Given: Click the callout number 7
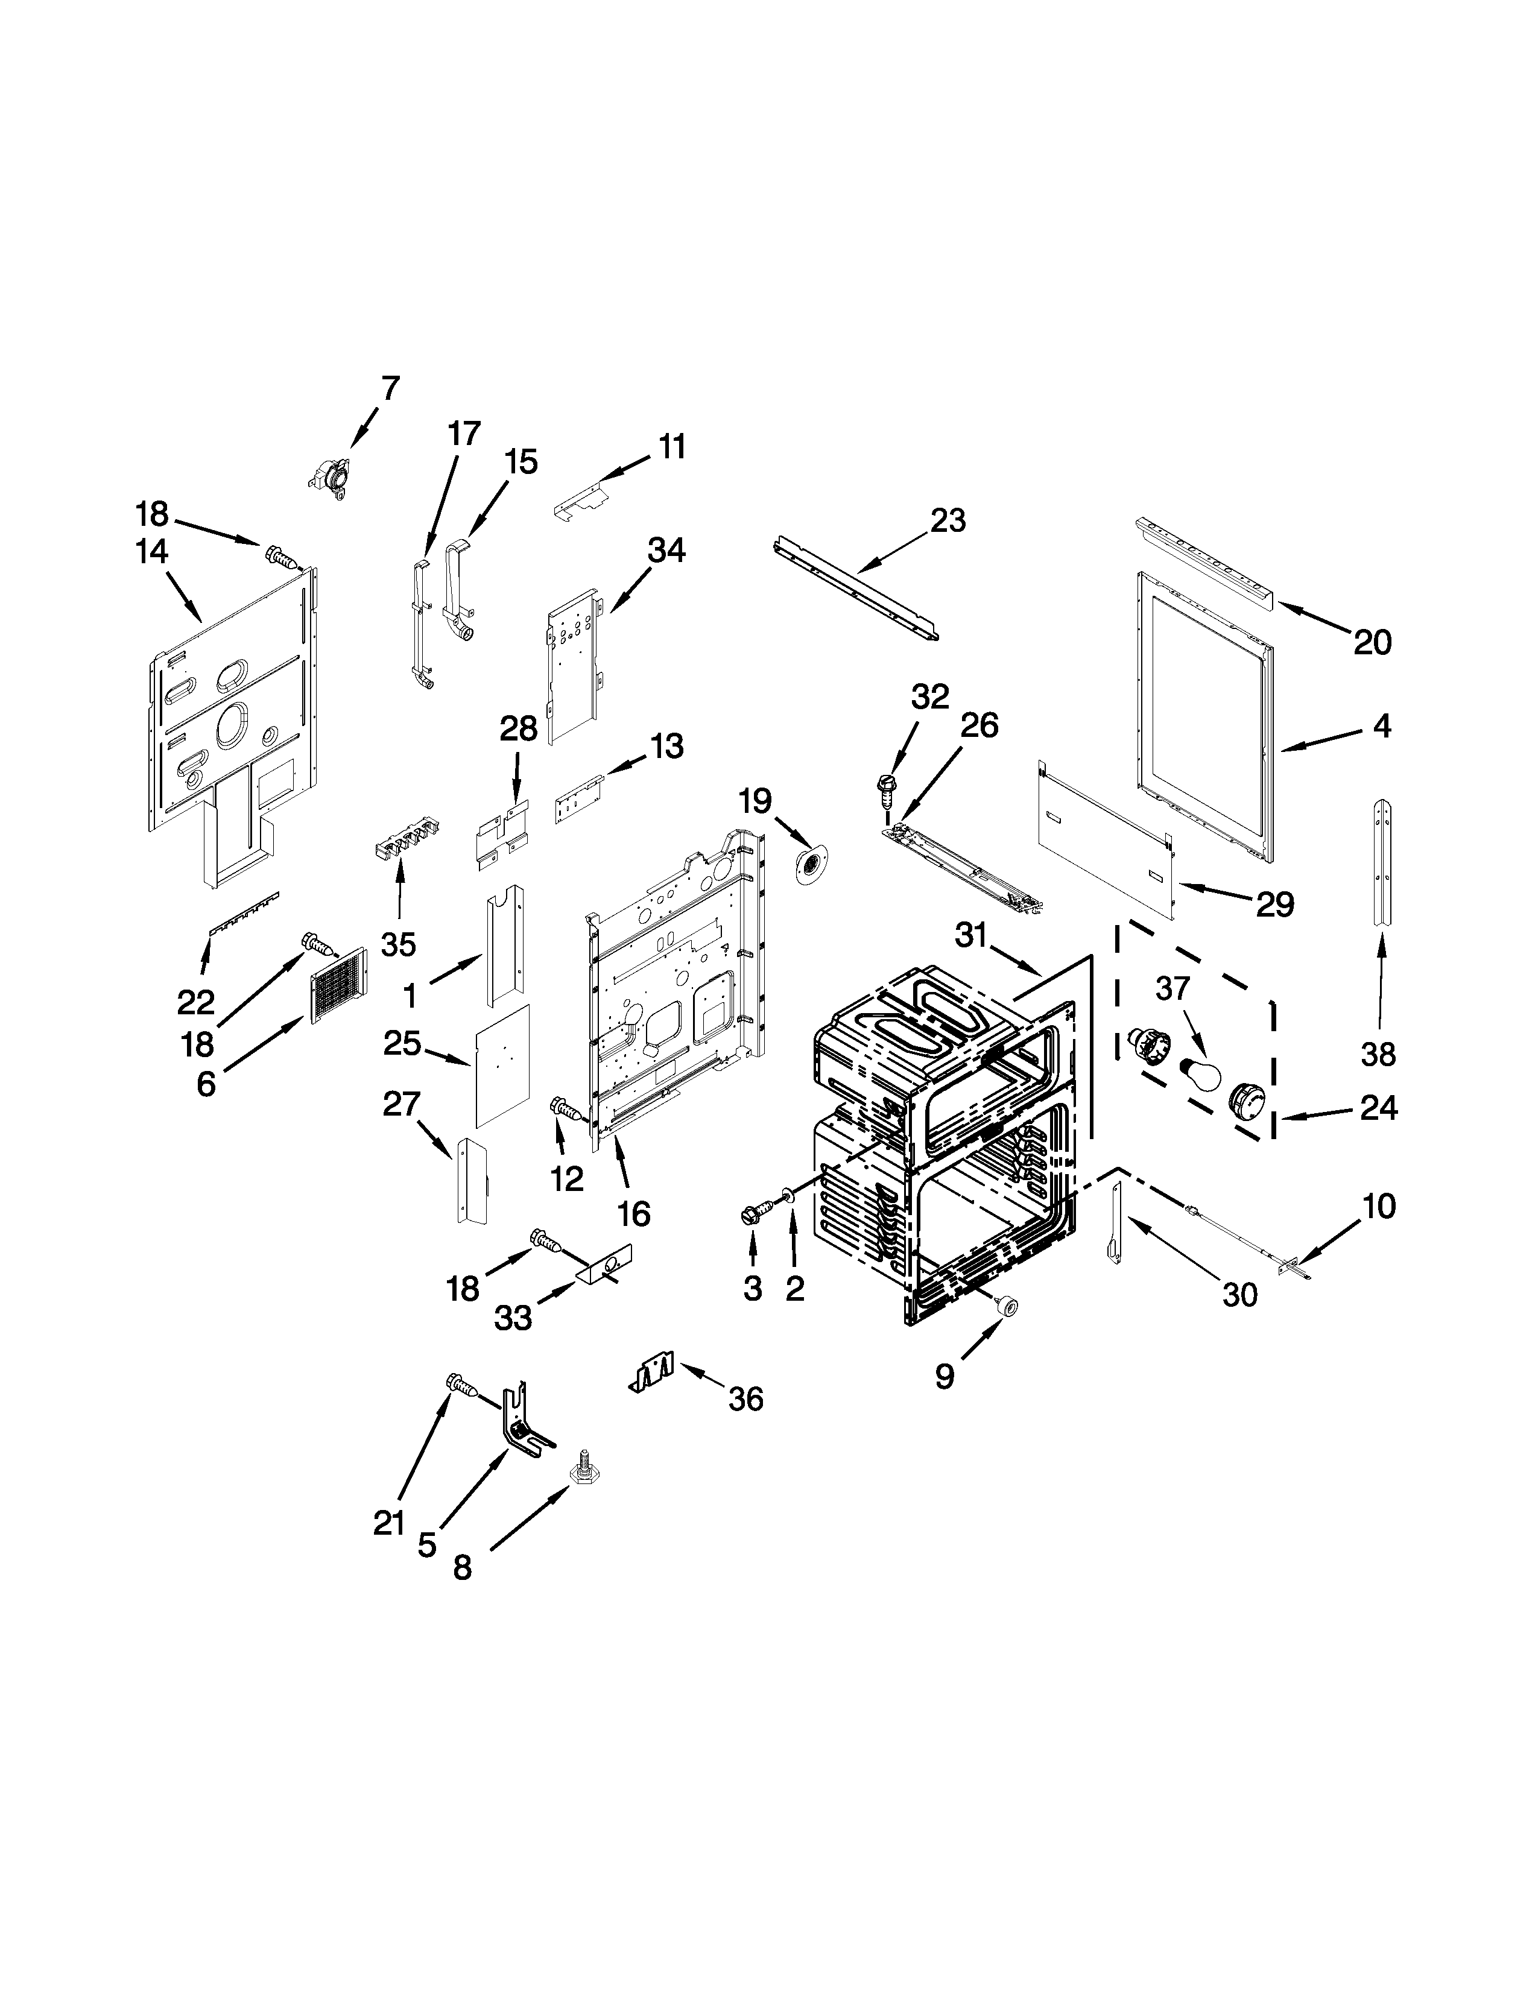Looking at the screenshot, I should tap(390, 388).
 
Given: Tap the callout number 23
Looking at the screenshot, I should tap(948, 520).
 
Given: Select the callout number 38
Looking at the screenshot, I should tap(1378, 1054).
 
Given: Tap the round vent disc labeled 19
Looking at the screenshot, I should tap(807, 864).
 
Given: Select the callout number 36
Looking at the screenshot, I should tap(745, 1398).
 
